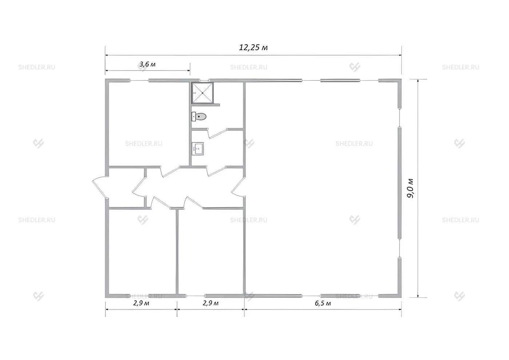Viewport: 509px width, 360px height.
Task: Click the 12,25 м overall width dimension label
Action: point(253,48)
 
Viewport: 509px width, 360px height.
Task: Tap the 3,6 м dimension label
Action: point(148,64)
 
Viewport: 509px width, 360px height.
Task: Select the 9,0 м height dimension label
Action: point(410,188)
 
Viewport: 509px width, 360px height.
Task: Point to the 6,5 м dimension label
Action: point(323,303)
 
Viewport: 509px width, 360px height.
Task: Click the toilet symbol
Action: point(199,117)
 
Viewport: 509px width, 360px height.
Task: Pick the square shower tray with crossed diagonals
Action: point(203,93)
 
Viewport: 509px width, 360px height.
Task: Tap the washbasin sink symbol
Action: point(198,149)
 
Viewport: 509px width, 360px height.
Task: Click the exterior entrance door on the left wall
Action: point(100,187)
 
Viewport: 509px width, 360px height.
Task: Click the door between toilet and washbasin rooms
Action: point(217,133)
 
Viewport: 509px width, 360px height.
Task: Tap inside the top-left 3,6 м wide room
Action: point(149,124)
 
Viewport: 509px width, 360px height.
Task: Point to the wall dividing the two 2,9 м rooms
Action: point(177,252)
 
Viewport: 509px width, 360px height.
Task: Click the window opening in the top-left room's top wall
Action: point(139,80)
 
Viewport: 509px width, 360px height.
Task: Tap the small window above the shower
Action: point(204,80)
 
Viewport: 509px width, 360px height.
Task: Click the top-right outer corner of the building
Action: point(401,79)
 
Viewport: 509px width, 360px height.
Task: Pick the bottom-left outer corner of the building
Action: point(105,297)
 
